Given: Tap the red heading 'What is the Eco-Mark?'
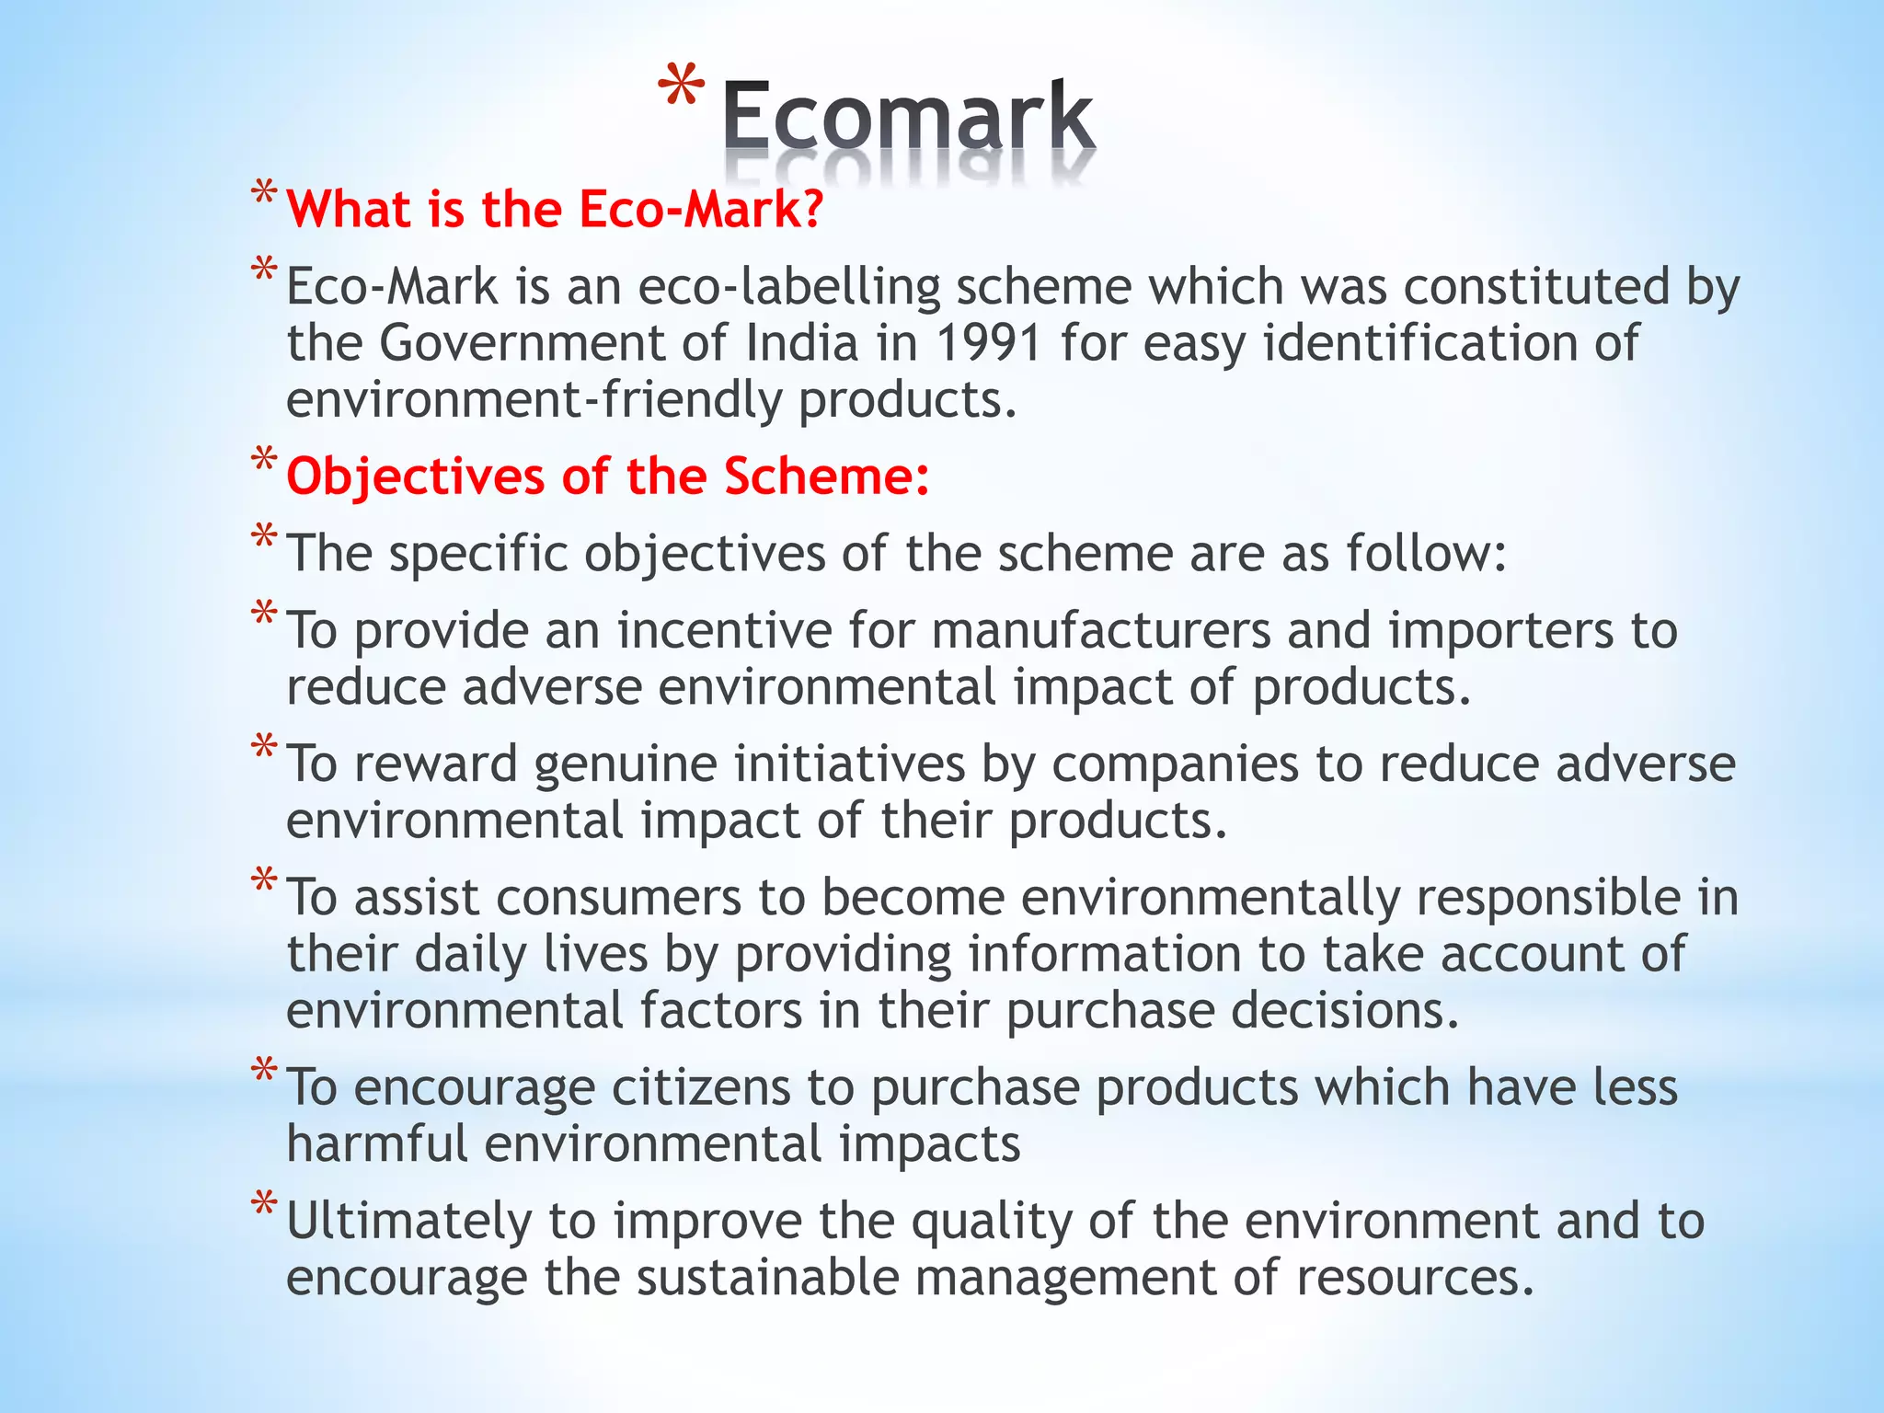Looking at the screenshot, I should (x=555, y=209).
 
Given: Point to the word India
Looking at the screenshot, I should (x=802, y=343).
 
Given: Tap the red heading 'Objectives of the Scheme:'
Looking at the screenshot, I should (x=608, y=477).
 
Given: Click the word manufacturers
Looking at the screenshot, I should (x=1100, y=631).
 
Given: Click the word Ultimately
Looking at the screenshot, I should (x=409, y=1221).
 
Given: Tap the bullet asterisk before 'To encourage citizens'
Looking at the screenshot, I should (x=264, y=1071).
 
